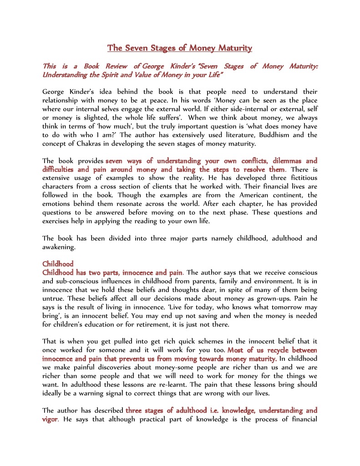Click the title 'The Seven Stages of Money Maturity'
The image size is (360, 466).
click(x=179, y=48)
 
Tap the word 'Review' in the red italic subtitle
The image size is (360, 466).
click(x=117, y=67)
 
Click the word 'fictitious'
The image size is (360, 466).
click(x=294, y=178)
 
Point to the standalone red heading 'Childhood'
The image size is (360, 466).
click(x=57, y=264)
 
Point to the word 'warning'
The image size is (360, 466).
click(x=102, y=394)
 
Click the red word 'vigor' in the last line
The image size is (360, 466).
click(x=50, y=419)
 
